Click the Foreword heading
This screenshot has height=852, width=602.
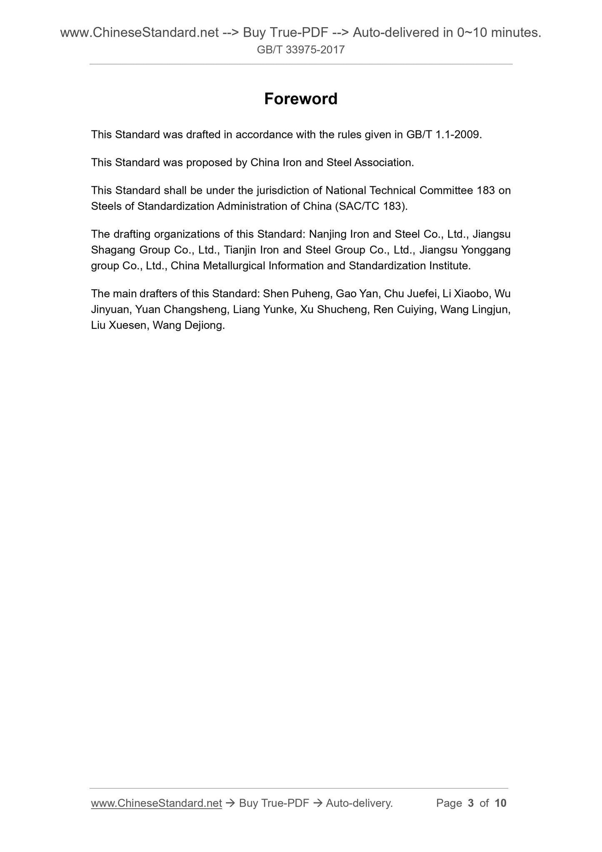pos(301,99)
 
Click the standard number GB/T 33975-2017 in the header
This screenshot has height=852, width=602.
pos(301,50)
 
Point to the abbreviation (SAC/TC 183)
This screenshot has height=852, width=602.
pos(371,206)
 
